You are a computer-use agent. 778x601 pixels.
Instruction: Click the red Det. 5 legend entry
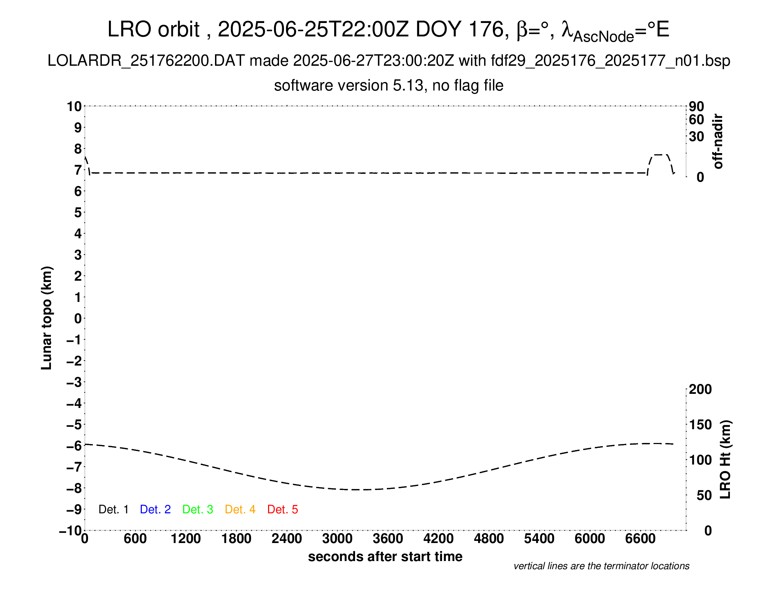click(x=283, y=509)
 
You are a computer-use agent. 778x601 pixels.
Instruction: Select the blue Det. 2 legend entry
click(x=155, y=509)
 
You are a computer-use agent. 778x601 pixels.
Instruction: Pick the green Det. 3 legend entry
click(x=198, y=509)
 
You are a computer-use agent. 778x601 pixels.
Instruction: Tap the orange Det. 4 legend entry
click(x=240, y=509)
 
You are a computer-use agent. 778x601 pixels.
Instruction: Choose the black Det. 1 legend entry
click(x=113, y=509)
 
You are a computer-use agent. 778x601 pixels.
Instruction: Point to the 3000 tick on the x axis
click(x=337, y=539)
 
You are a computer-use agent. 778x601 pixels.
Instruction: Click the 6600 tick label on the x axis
click(x=640, y=539)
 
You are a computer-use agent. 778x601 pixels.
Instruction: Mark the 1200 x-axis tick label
click(x=186, y=539)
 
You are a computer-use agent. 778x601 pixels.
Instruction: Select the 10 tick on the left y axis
click(x=75, y=106)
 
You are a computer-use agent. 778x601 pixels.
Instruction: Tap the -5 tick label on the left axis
click(x=74, y=425)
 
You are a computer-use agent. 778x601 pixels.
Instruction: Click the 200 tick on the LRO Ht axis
click(x=700, y=390)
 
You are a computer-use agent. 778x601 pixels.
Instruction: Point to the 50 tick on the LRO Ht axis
click(x=704, y=495)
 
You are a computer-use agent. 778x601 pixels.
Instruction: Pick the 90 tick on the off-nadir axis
click(x=696, y=106)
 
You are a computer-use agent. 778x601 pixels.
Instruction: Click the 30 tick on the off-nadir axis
click(x=696, y=136)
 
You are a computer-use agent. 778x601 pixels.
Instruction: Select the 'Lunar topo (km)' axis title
click(x=47, y=318)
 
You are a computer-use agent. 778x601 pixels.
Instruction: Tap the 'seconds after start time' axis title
click(x=385, y=556)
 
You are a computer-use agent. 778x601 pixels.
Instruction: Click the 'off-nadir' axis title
click(x=718, y=141)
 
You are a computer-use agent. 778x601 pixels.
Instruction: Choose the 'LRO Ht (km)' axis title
click(x=725, y=460)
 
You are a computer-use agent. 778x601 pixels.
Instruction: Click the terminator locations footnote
click(x=601, y=566)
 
